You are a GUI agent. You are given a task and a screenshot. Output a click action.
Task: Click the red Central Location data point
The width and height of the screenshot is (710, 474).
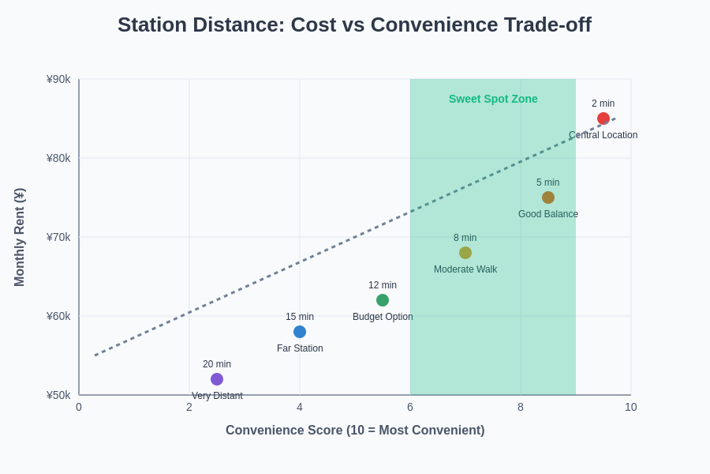603,118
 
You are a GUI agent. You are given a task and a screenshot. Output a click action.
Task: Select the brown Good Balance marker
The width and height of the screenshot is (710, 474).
548,197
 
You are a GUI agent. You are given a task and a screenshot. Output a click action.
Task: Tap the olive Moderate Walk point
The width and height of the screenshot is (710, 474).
465,253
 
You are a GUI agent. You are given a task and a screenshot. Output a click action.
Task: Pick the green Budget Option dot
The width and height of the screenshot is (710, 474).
383,300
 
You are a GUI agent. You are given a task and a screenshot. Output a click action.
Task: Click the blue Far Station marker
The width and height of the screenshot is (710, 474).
300,332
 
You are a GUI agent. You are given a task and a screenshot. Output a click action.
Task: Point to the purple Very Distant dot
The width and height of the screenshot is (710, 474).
217,379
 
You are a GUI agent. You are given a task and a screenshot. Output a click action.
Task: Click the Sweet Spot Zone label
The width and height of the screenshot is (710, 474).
493,99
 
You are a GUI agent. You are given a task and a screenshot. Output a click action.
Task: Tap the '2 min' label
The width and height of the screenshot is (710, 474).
603,103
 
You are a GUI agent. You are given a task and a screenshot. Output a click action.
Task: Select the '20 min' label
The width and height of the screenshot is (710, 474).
217,364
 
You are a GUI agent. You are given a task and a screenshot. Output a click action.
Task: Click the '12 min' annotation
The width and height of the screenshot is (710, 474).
383,285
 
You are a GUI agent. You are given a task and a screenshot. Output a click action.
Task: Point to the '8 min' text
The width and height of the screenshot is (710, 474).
465,238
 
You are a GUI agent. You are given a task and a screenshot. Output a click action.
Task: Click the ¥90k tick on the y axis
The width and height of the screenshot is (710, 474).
58,79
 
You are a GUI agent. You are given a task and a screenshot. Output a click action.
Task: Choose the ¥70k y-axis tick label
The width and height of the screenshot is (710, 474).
58,237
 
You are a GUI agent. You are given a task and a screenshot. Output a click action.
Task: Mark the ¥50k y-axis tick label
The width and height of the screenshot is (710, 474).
58,395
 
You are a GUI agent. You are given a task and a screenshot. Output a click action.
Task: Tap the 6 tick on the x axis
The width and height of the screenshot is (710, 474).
410,407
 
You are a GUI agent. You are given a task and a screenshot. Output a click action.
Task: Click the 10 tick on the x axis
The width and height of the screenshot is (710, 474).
630,407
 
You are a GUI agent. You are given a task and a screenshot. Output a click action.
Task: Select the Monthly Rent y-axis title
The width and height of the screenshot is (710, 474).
20,237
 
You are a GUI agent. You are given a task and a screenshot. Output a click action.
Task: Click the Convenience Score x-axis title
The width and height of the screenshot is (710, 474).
355,431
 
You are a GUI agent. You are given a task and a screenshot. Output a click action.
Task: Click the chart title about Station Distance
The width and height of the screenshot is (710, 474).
354,24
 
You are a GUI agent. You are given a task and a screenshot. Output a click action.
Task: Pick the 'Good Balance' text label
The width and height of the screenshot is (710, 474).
548,214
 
